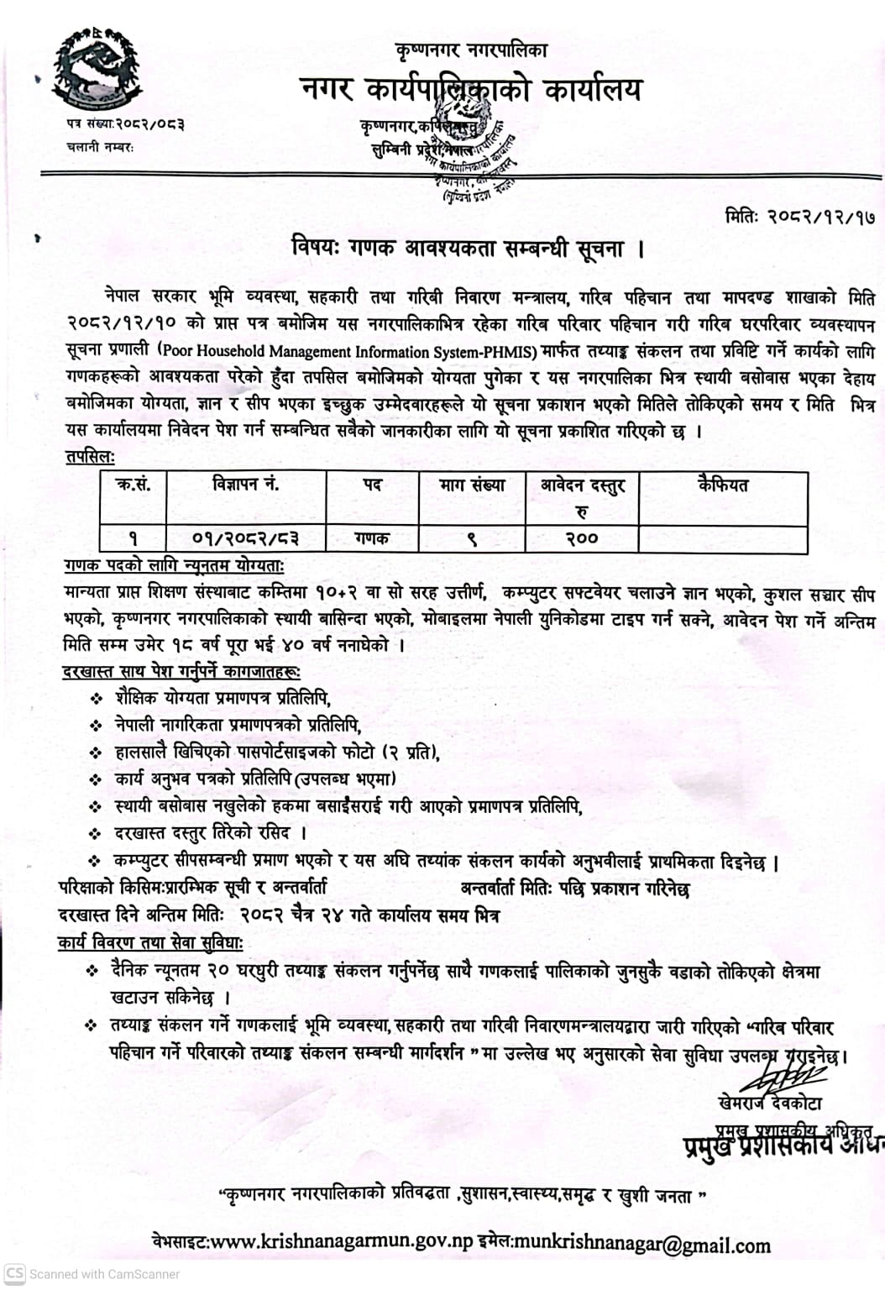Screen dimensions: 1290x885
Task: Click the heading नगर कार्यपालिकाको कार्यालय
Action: pyautogui.click(x=471, y=90)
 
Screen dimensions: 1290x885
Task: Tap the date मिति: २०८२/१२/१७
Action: pyautogui.click(x=799, y=217)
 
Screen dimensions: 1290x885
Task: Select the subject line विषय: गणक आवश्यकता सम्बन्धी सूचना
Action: pyautogui.click(x=468, y=249)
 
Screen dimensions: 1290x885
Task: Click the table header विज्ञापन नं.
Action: pyautogui.click(x=245, y=485)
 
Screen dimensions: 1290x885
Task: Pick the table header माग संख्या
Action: pyautogui.click(x=472, y=485)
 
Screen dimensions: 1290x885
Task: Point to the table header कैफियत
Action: pyautogui.click(x=722, y=485)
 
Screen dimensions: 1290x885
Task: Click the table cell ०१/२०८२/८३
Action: pyautogui.click(x=245, y=538)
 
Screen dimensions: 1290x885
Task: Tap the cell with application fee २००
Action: pyautogui.click(x=581, y=538)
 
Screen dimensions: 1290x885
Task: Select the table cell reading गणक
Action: pyautogui.click(x=372, y=538)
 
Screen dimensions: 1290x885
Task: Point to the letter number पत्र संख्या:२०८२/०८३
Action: pyautogui.click(x=126, y=124)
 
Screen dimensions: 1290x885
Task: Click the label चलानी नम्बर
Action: pyautogui.click(x=100, y=146)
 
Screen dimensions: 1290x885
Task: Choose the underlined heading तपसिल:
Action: pyautogui.click(x=91, y=457)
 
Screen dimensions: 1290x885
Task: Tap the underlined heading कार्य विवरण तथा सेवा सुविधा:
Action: pyautogui.click(x=151, y=942)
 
